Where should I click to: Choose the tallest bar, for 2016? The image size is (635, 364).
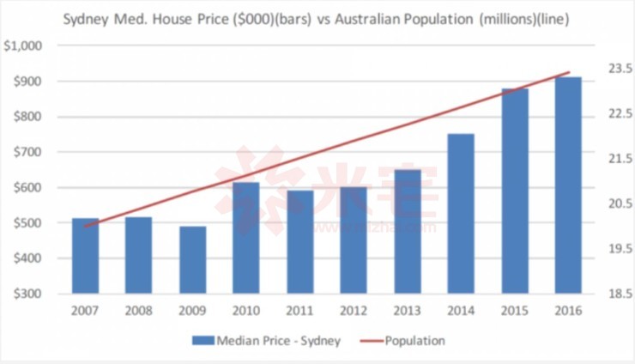point(568,185)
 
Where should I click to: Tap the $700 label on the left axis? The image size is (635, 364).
point(27,152)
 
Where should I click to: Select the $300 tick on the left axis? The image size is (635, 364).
point(27,294)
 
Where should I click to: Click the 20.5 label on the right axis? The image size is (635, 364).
point(608,203)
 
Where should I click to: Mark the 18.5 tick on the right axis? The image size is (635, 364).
point(608,294)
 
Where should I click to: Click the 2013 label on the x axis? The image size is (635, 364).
point(408,311)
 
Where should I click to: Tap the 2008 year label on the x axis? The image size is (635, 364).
point(139,311)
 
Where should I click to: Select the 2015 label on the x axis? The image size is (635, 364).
point(515,311)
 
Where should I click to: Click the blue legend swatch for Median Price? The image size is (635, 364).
point(204,341)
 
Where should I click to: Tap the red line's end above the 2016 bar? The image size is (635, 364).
point(569,72)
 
